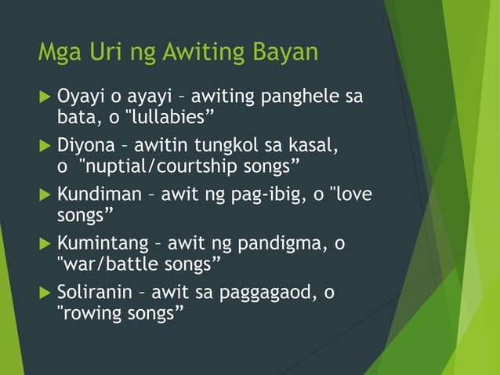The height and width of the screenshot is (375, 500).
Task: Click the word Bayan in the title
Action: (x=284, y=53)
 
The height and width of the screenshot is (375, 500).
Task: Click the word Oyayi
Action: (x=82, y=98)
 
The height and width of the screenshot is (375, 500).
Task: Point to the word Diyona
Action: (x=86, y=146)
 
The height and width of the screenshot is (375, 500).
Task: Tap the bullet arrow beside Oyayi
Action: (x=44, y=98)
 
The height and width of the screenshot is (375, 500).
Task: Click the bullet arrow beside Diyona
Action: (x=44, y=146)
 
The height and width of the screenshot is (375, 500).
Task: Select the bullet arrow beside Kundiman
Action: (x=44, y=195)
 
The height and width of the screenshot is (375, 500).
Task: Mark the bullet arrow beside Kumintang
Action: (x=44, y=243)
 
